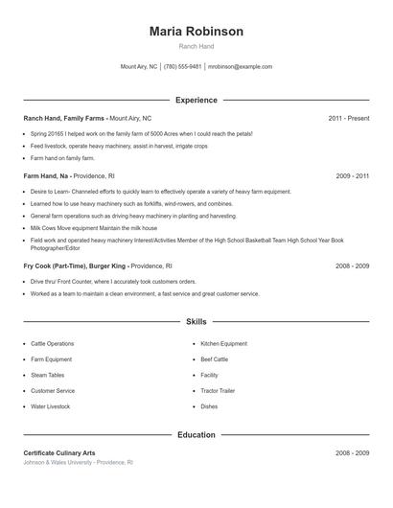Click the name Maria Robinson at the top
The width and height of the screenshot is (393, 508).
click(x=196, y=32)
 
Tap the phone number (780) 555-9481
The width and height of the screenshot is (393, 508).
click(x=182, y=67)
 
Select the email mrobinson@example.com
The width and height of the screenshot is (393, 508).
click(x=240, y=67)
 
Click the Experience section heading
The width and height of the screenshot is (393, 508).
click(x=196, y=100)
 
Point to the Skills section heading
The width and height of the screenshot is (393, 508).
click(x=196, y=322)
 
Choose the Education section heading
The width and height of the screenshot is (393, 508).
click(x=196, y=434)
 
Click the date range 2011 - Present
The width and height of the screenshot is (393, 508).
click(x=348, y=118)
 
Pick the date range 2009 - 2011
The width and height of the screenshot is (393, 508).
click(x=352, y=176)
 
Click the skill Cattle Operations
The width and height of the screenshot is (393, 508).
click(x=52, y=343)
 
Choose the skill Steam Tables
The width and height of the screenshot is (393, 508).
click(x=47, y=375)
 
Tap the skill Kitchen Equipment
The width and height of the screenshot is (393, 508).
click(x=223, y=343)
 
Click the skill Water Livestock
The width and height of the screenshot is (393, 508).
click(x=50, y=406)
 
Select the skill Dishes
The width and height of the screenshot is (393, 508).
click(x=209, y=406)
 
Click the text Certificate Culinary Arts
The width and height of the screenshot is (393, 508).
click(x=59, y=452)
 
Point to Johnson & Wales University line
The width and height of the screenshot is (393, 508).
click(x=78, y=462)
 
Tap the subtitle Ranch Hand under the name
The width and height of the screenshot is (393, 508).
click(x=196, y=46)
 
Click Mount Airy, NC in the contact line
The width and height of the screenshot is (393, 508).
click(x=138, y=67)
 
